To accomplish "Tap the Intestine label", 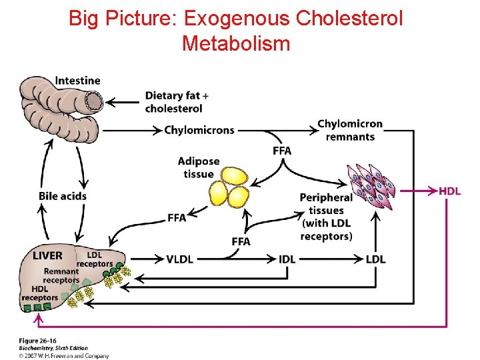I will pos(77,81).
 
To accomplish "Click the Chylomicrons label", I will pos(199,130).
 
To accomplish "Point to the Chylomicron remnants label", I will pos(350,130).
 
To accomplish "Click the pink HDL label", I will pos(449,191).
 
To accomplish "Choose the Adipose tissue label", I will pos(199,168).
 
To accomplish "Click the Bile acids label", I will pos(63,196).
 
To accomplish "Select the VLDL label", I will pos(179,259).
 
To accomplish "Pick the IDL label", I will pos(287,259).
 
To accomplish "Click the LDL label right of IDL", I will pos(375,259).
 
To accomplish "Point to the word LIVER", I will pos(47,256).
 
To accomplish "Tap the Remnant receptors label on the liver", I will pos(61,276).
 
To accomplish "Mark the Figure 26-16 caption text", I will pos(37,341).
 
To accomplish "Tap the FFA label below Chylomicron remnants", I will pos(282,151).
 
